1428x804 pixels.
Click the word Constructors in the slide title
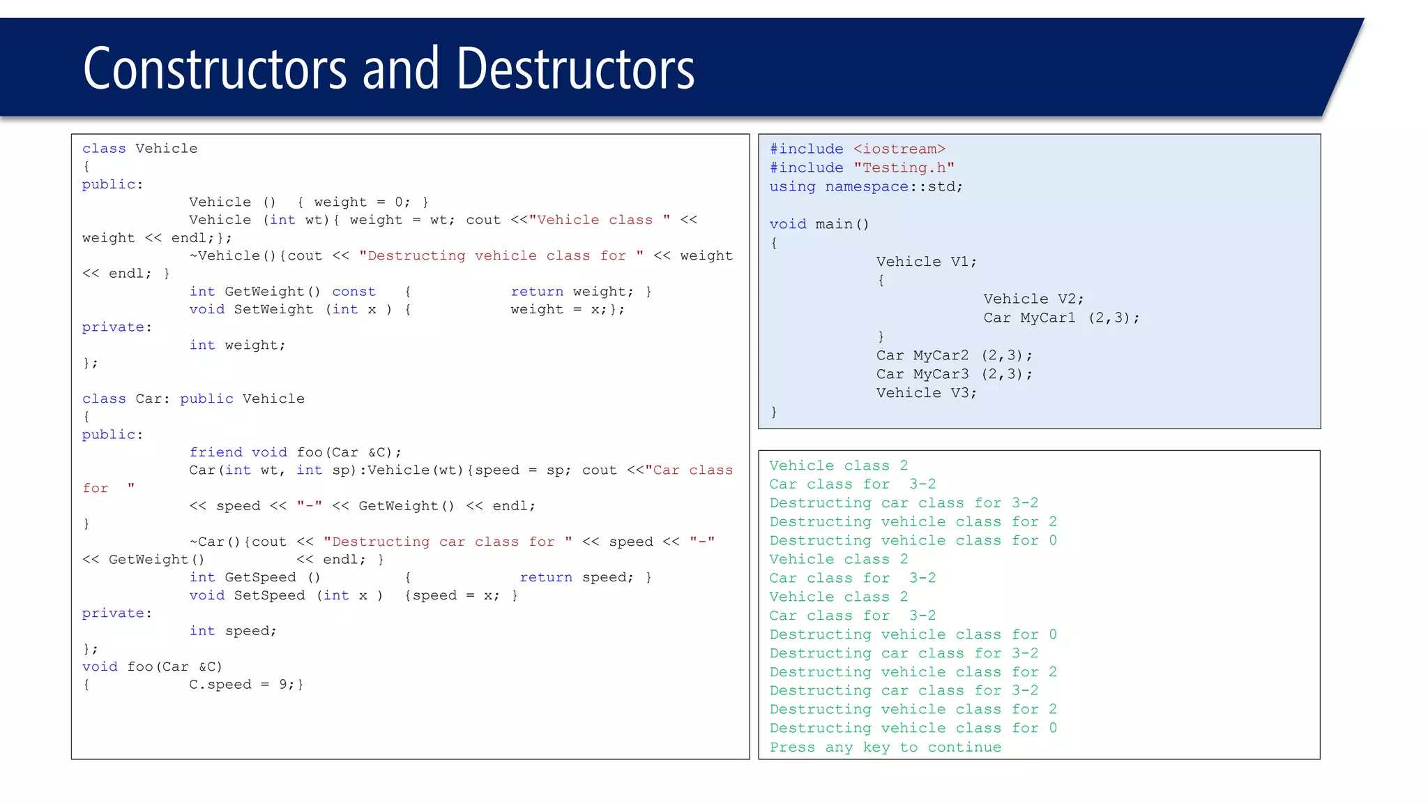[215, 69]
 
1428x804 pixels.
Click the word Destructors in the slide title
[575, 69]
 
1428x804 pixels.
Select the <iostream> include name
[899, 149]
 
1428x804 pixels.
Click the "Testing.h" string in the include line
[904, 168]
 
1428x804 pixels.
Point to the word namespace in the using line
[867, 187]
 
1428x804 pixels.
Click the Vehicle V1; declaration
[927, 262]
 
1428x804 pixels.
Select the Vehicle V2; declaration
[1033, 299]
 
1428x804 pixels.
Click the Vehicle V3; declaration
[927, 394]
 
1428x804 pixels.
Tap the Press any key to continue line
[885, 747]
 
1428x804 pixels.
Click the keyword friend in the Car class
[215, 452]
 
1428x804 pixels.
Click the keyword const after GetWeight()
[354, 292]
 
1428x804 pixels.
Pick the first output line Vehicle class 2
[838, 466]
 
